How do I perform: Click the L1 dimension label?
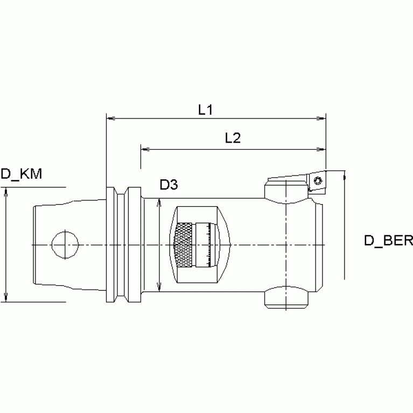(x=205, y=110)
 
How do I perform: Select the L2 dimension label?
(x=232, y=138)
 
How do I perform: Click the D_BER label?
(x=388, y=240)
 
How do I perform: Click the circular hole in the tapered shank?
(x=64, y=244)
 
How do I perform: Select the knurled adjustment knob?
(x=183, y=244)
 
